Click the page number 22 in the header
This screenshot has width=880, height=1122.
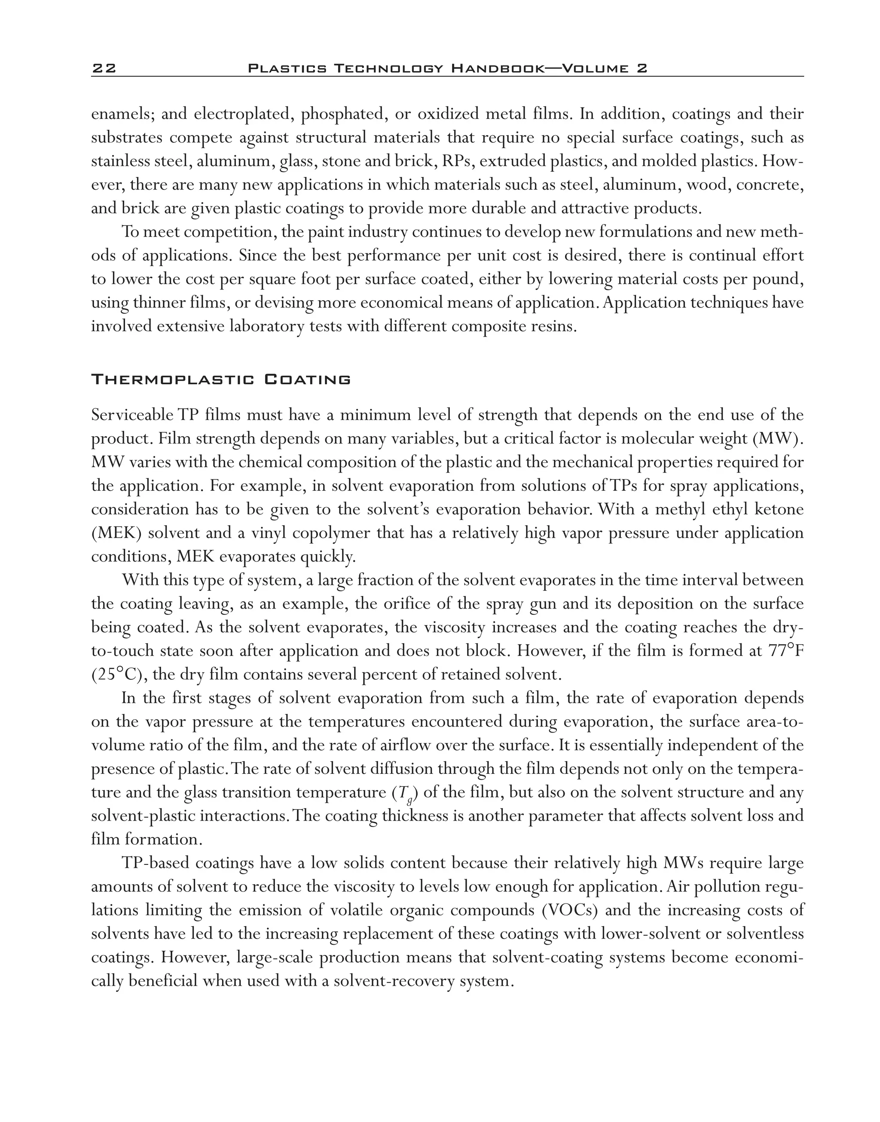coord(104,68)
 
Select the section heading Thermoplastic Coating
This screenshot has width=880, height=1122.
coord(220,380)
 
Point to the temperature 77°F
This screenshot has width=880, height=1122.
coord(786,651)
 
